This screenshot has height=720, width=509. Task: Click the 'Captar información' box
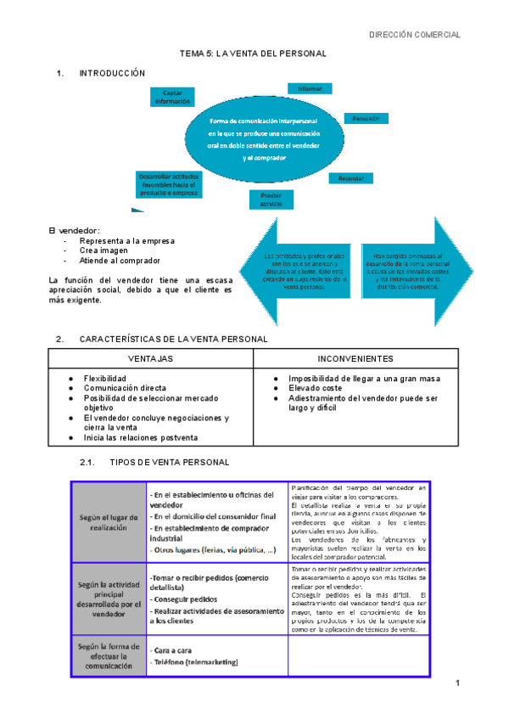[x=172, y=97]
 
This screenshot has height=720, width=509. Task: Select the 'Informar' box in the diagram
[x=309, y=87]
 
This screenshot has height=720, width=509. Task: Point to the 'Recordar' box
[x=351, y=178]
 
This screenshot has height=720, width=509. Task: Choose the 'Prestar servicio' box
[x=271, y=200]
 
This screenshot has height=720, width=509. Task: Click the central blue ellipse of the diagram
[x=264, y=139]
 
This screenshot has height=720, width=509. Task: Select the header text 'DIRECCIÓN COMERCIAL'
[x=415, y=35]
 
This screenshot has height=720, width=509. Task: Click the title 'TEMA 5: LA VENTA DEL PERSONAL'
[x=254, y=53]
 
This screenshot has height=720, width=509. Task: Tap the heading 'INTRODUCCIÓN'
[x=112, y=74]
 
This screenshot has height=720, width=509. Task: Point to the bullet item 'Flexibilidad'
[x=104, y=378]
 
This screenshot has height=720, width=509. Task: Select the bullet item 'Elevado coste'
[x=316, y=388]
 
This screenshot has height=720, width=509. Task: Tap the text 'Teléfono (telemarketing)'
[x=193, y=662]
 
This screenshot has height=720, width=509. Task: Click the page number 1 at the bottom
[x=456, y=684]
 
